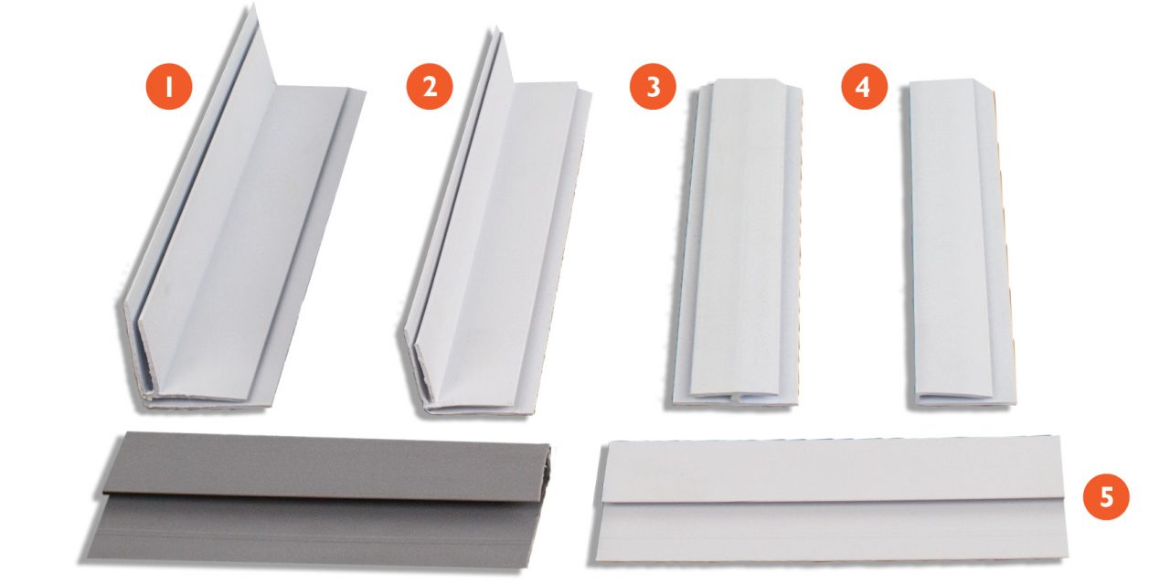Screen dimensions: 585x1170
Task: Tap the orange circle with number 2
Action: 430,87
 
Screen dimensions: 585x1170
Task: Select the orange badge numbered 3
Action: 653,88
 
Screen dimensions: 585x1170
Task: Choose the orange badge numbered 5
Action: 1106,497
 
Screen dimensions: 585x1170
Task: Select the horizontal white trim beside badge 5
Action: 832,498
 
